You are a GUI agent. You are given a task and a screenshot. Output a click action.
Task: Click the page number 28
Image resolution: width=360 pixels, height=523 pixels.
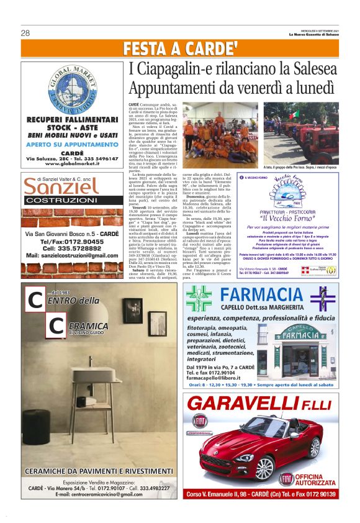[x=25, y=33]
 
